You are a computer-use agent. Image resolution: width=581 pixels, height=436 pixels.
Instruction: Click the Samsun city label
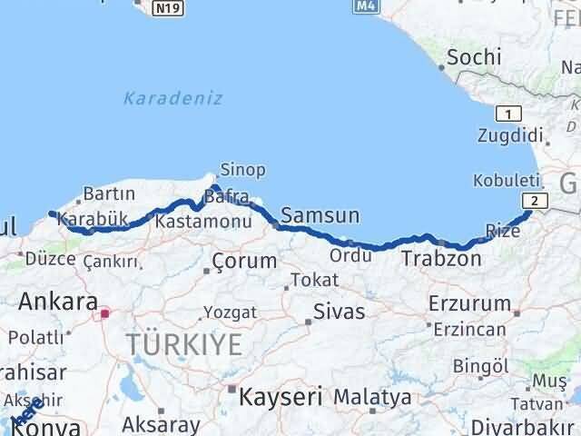[320, 216]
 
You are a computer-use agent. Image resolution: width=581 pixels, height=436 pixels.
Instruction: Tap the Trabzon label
[441, 259]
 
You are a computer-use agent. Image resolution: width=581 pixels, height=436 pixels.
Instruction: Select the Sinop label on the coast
[242, 170]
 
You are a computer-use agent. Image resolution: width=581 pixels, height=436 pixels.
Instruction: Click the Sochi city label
[474, 58]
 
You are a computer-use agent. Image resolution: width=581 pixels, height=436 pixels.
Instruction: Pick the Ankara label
[58, 301]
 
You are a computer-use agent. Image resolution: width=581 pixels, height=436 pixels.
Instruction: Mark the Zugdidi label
[509, 136]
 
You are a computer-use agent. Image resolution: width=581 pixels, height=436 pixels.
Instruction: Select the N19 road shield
[164, 9]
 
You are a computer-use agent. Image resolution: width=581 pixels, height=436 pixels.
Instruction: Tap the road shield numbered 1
[508, 114]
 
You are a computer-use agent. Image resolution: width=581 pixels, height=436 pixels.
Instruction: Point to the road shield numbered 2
[536, 202]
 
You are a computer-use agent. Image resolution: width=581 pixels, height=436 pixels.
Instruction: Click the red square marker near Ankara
[105, 313]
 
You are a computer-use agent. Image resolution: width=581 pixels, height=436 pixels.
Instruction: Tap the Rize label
[504, 232]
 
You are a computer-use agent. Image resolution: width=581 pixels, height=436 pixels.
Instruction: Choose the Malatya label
[371, 398]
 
